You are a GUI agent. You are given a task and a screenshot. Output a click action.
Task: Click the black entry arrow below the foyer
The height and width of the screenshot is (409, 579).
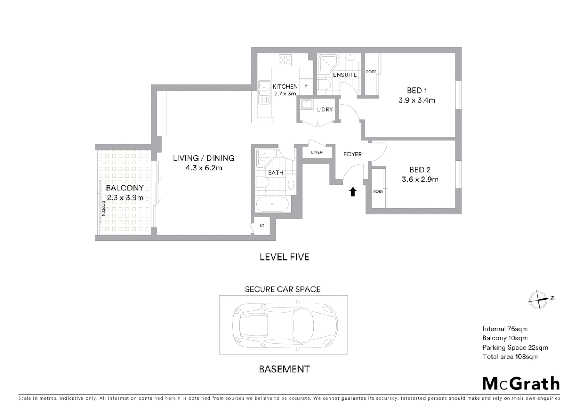tap(353, 192)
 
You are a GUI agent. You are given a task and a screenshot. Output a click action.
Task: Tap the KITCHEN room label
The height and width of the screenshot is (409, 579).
tap(285, 86)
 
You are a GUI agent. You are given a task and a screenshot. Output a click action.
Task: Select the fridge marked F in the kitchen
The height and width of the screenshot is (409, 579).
tap(306, 87)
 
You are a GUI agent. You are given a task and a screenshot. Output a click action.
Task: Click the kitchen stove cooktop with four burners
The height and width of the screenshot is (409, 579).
tap(285, 60)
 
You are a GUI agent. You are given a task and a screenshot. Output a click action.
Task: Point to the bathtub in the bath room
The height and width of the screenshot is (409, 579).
tap(272, 204)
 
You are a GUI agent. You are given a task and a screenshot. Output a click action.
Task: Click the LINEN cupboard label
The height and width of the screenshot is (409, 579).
tap(317, 152)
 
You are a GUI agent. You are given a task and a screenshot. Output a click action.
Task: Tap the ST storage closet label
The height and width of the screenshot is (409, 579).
tap(262, 226)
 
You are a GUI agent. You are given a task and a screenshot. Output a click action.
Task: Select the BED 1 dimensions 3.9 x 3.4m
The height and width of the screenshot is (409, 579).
tap(416, 100)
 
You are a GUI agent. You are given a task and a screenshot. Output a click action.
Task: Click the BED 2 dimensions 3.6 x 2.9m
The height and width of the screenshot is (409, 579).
tap(420, 180)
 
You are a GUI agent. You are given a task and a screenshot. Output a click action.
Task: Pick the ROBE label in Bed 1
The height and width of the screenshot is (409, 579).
tap(371, 72)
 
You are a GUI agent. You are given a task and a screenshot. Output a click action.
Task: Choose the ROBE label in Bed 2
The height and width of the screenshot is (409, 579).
tap(378, 192)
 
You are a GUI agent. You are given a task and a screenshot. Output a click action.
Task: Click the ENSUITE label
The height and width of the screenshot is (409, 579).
tap(345, 75)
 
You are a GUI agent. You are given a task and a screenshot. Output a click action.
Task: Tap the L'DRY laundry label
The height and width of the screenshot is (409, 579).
tap(325, 109)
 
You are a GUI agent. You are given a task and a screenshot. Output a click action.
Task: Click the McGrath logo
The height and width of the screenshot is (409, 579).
tap(521, 384)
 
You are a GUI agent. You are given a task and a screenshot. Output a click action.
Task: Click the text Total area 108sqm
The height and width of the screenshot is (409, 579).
tap(510, 356)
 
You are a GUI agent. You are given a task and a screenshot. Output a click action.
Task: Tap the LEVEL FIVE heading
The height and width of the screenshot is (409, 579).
tap(284, 257)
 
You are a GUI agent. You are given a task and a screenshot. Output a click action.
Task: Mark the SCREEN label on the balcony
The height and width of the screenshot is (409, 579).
tap(103, 208)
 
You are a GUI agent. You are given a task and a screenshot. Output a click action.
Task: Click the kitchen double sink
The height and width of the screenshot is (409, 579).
tap(263, 92)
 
